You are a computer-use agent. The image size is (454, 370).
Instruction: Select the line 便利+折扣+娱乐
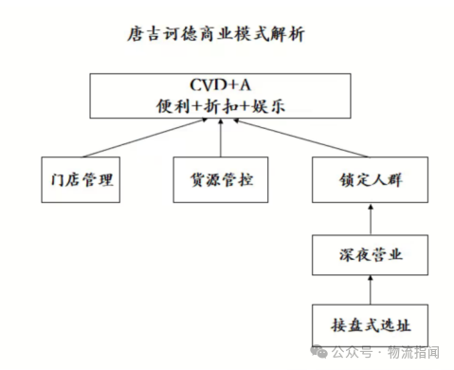tap(221, 107)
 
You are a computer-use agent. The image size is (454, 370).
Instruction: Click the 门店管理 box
tap(82, 179)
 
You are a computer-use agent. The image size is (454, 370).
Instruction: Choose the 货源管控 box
tap(221, 179)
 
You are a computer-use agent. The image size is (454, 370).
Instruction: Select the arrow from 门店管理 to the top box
tap(137, 139)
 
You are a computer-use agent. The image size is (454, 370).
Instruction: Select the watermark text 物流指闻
tap(417, 353)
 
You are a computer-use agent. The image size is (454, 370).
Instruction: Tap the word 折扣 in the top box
tap(221, 107)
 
